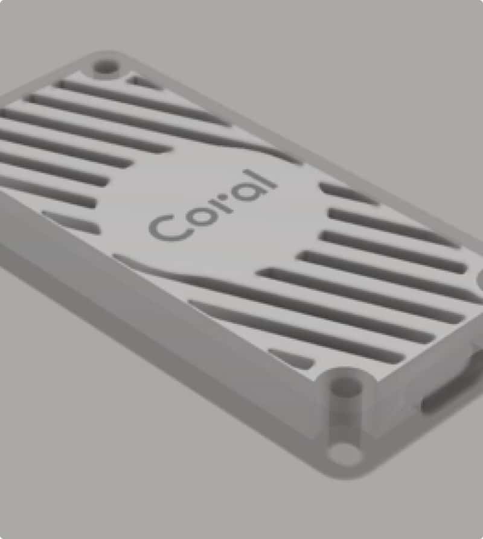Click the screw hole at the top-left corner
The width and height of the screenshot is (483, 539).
pos(106,66)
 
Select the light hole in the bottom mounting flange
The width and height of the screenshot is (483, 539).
pos(345,453)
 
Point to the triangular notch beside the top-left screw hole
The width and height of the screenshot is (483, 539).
pos(144,83)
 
